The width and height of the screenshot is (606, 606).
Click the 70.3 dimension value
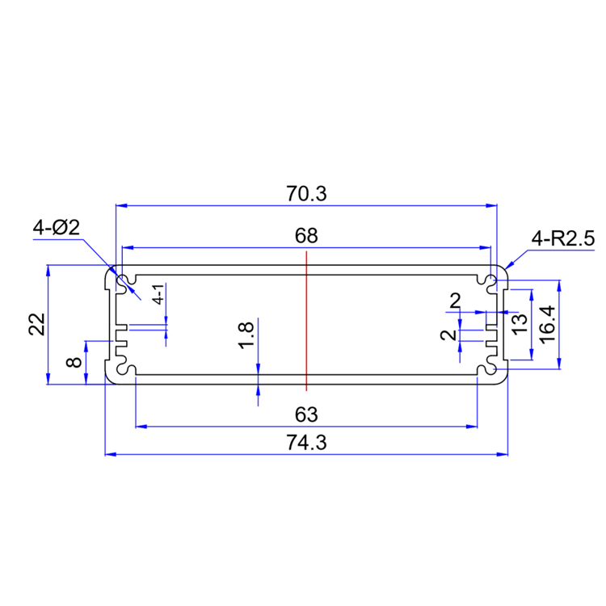click(x=305, y=194)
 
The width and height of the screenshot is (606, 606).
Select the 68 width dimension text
click(x=306, y=236)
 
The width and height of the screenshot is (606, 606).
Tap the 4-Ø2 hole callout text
click(x=56, y=229)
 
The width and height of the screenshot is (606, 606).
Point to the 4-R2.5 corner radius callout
click(x=562, y=238)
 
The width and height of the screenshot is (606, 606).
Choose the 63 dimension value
click(x=305, y=415)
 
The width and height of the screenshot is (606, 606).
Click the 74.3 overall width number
click(x=305, y=444)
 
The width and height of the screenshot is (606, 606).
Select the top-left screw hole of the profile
click(x=124, y=282)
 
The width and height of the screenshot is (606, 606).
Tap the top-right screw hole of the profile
click(x=489, y=282)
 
